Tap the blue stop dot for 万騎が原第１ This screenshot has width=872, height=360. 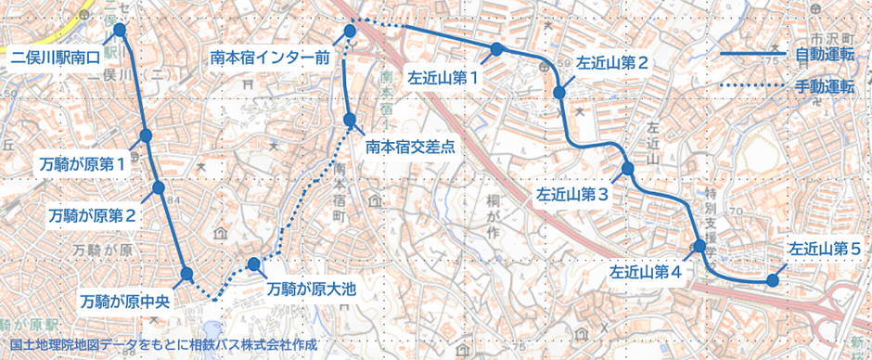[146, 136]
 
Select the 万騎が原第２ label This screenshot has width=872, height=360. [94, 215]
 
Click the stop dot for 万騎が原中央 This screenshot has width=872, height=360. [187, 274]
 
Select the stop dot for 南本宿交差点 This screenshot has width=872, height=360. [351, 120]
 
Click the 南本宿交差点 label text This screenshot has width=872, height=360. [409, 146]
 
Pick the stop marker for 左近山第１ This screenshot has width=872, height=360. [497, 48]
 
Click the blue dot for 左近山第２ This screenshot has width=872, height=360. [559, 92]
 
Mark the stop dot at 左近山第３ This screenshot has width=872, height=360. [628, 169]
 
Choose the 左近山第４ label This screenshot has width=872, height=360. [647, 273]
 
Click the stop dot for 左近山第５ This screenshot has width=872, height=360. [772, 279]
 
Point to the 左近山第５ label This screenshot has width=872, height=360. [825, 250]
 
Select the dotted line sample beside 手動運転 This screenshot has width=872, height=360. [753, 87]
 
